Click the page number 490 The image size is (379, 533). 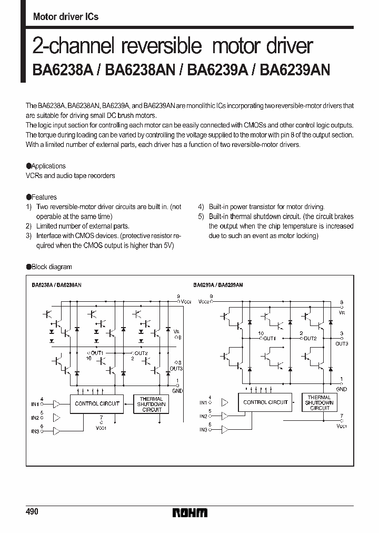(32, 512)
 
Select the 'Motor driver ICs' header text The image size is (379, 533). (65, 17)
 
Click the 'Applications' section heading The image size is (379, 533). (48, 166)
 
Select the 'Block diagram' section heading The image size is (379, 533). (52, 267)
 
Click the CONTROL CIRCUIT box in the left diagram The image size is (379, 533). (97, 403)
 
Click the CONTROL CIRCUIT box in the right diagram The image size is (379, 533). (265, 402)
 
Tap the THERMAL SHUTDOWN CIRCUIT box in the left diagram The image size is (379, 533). (152, 404)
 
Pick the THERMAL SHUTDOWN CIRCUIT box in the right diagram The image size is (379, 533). (320, 402)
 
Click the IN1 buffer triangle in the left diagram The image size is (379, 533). (57, 404)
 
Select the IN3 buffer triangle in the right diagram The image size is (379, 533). (225, 429)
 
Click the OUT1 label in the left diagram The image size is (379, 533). (97, 352)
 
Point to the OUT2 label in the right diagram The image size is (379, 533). (310, 338)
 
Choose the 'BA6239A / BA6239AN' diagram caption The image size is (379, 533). (218, 284)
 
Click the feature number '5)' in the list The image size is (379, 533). (201, 216)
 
